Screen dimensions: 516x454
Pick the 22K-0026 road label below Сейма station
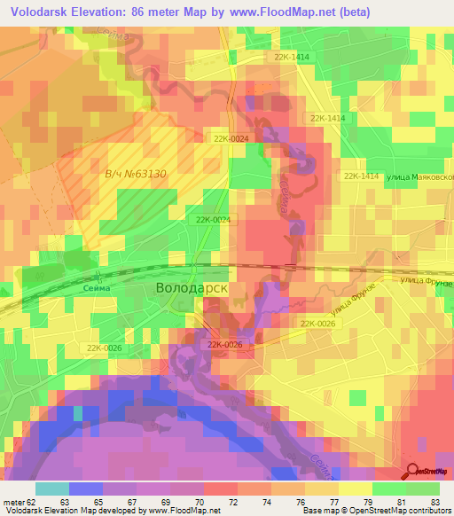click(x=104, y=348)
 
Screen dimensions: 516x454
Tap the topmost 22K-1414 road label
click(x=292, y=57)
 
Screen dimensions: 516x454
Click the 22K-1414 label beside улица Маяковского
click(x=361, y=176)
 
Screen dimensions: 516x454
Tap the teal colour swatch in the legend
click(x=52, y=489)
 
